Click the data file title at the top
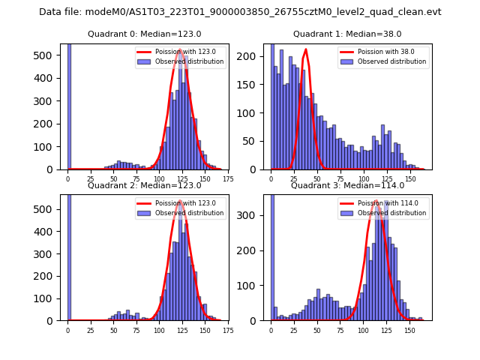click(240, 12)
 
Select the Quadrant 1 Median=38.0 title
click(347, 34)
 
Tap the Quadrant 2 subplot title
click(146, 185)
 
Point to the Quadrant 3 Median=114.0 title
click(346, 185)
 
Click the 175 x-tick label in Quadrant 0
click(228, 179)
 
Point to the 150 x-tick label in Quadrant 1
click(410, 179)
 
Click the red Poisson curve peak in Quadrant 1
click(305, 49)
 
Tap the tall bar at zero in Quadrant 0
click(68, 105)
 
